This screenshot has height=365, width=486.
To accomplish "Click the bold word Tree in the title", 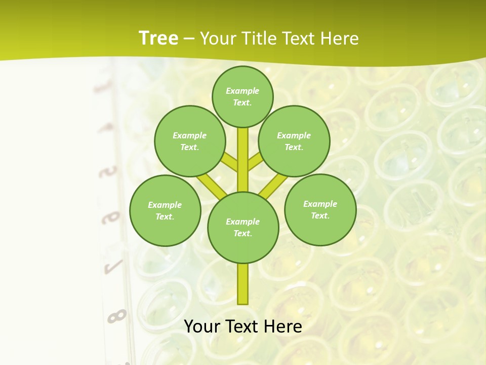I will pos(158,39).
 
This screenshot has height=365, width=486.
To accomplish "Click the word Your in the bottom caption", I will pos(202,326).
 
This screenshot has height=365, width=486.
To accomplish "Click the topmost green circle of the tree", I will pos(242,96).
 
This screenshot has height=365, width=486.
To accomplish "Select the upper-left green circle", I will pos(190,141).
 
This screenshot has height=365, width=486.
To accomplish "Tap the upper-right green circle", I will pos(294,141).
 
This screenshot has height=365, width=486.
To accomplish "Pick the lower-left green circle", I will pos(165,210).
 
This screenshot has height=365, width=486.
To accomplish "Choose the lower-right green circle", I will pos(320,209).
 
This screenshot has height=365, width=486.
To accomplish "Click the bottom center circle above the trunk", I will pos(243,227).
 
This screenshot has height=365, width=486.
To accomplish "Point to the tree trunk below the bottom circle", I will pos(243,284).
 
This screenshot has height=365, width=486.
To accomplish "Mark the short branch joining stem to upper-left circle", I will pos(230,163).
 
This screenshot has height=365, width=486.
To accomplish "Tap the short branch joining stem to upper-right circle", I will pos(256,163).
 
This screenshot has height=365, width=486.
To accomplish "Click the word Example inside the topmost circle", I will pos(242,91).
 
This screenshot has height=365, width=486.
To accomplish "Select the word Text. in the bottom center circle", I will pos(243,233).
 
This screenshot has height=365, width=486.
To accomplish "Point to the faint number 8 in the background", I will pos(116,316).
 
